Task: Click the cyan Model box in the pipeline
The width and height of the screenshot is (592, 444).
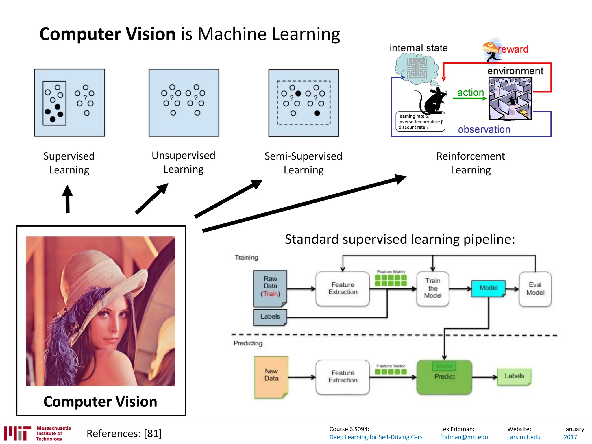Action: [488, 288]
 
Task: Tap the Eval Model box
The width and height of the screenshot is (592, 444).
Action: [535, 289]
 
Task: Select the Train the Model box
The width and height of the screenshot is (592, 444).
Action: [432, 288]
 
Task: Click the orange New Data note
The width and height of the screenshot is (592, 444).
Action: [271, 377]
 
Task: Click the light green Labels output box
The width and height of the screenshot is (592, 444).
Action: [514, 376]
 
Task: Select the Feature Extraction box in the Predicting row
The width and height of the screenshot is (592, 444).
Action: [343, 377]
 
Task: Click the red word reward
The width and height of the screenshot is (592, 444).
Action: [513, 49]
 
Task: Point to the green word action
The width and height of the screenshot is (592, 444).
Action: [470, 92]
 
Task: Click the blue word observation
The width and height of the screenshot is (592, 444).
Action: [484, 129]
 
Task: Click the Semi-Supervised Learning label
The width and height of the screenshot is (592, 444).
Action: [303, 163]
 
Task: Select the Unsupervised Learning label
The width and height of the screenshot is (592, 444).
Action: [184, 162]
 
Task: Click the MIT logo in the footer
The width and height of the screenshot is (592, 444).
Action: [18, 433]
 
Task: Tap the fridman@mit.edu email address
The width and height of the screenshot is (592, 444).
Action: [464, 437]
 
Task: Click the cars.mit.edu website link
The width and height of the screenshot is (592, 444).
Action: [523, 437]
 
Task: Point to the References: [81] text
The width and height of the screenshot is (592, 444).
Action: [124, 434]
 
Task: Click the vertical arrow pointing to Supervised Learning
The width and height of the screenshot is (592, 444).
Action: [67, 199]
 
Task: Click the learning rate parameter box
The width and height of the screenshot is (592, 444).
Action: [420, 122]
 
